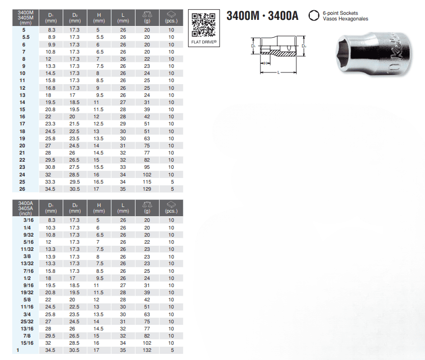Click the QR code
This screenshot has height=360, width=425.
point(203,24)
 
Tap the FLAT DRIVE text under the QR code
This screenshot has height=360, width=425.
point(204,42)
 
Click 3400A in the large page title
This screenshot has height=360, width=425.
point(283,16)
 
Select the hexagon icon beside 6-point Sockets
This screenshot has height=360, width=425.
point(314,15)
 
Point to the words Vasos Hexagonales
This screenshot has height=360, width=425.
point(346,19)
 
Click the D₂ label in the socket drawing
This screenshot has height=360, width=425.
point(304,46)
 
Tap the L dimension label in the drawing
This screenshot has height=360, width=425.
point(278,72)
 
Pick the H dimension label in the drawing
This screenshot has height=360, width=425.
point(265,63)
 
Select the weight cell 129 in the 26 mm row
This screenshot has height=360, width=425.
point(147,189)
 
